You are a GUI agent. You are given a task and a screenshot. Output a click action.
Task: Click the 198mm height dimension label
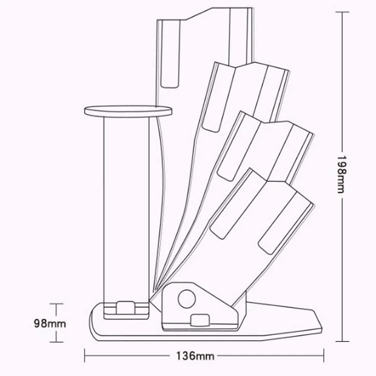[341, 174]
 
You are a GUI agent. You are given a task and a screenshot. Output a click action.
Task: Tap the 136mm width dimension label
[195, 356]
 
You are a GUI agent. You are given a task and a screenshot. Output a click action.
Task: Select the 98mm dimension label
[50, 323]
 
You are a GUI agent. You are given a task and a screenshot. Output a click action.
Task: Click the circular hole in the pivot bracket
[187, 299]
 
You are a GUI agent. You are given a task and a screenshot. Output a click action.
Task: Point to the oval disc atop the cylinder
[128, 111]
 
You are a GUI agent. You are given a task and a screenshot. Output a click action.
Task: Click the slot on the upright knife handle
[170, 54]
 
